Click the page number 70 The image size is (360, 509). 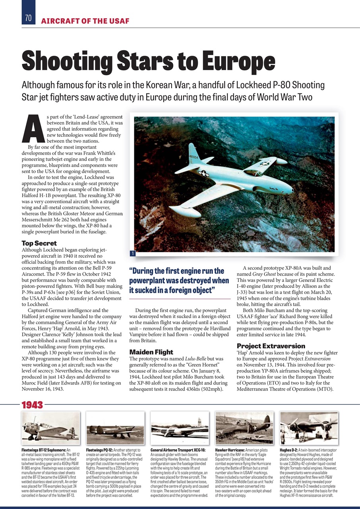(28, 18)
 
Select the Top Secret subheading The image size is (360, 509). (39, 243)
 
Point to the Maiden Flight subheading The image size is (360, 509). (151, 352)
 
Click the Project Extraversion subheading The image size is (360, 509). (271, 346)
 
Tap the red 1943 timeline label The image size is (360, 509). (32, 405)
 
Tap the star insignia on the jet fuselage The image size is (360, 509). (203, 173)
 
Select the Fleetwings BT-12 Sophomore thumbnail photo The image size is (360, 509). (50, 428)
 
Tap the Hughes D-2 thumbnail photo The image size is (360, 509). (309, 428)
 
